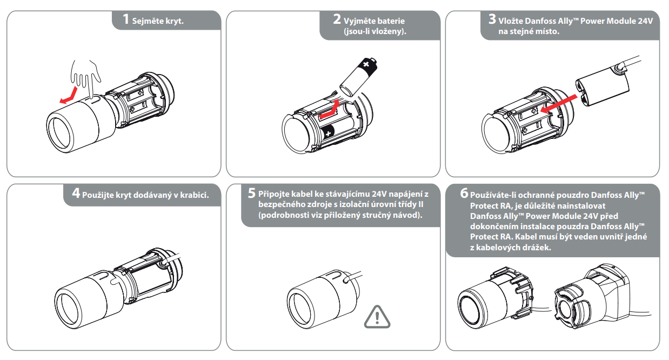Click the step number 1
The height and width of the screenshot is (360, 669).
(x=125, y=20)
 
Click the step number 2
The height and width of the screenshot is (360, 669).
(x=337, y=20)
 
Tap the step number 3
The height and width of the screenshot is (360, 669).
(x=492, y=20)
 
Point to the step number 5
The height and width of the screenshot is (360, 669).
(x=252, y=193)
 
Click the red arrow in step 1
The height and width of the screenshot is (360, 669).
(x=68, y=96)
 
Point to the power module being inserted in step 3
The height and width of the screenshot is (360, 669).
(x=601, y=88)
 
